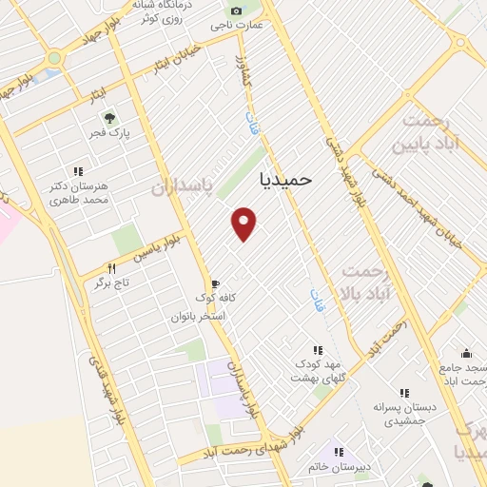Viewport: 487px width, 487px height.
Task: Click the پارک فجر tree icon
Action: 110,118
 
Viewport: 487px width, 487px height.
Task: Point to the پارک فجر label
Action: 110,135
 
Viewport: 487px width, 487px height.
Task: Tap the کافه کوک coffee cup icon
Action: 215,283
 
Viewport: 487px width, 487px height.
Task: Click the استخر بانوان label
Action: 197,315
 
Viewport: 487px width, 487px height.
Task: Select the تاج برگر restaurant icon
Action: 111,269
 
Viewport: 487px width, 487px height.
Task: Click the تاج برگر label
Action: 110,283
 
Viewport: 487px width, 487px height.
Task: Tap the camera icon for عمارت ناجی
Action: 236,11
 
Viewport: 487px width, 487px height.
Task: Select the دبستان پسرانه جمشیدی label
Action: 404,414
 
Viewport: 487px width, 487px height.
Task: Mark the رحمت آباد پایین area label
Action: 430,132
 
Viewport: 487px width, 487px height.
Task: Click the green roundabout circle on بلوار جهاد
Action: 54,58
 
